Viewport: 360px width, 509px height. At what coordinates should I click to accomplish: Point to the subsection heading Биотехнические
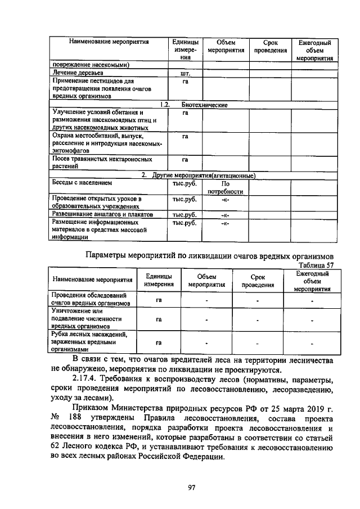tap(204, 105)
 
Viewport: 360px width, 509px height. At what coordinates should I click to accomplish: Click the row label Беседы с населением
tap(82, 183)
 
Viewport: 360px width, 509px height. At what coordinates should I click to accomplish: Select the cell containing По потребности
tap(225, 187)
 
